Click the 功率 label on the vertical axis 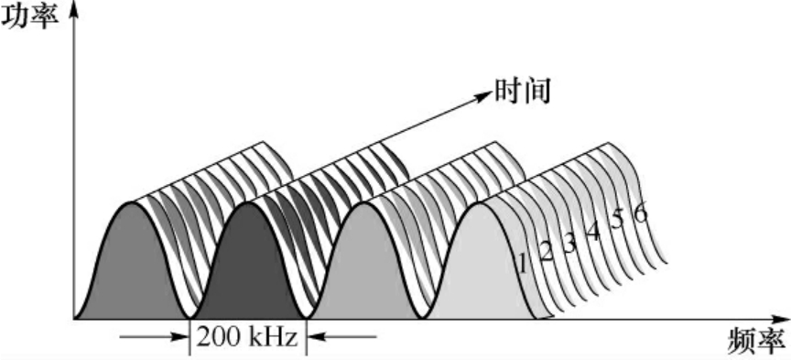click(x=28, y=16)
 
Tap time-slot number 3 click(x=569, y=243)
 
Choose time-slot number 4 click(x=592, y=232)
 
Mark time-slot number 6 click(x=640, y=213)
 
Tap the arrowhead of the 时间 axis click(x=482, y=91)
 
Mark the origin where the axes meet click(x=74, y=319)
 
